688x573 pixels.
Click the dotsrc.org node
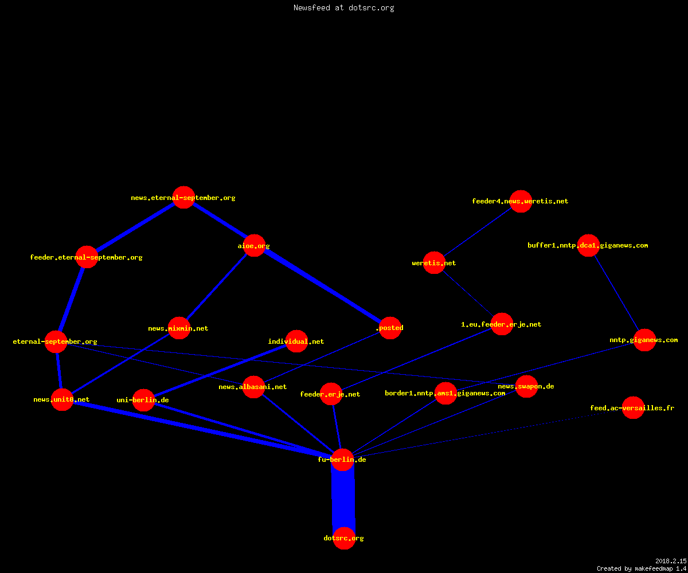pos(344,538)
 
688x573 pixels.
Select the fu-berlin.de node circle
pos(342,460)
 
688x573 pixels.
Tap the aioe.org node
pos(254,246)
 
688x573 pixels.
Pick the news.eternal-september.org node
pos(184,198)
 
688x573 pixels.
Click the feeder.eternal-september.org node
pos(87,257)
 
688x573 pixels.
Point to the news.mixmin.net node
pos(179,328)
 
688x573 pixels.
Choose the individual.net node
pos(296,341)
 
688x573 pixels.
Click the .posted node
pos(390,328)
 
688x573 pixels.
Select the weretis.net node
pos(434,263)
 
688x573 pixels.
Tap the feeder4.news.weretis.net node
pos(521,201)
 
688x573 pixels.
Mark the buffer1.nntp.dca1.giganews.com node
pos(588,245)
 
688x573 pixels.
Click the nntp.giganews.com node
pos(645,340)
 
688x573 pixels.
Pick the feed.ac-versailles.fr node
pos(633,407)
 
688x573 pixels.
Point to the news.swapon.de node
pos(526,386)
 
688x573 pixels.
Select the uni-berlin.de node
pos(143,400)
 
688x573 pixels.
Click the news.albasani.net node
pos(254,387)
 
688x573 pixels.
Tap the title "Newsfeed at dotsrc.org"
pos(343,7)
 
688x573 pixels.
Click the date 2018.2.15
pos(671,561)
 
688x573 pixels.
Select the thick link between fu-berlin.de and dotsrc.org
pos(343,499)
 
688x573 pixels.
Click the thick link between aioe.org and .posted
pos(322,287)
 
